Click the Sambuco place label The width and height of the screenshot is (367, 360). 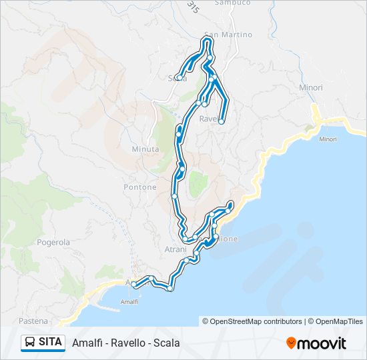click(x=233, y=3)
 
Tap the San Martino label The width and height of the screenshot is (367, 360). click(x=228, y=35)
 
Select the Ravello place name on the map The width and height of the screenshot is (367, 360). click(x=210, y=119)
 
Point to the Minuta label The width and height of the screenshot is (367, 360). click(x=145, y=149)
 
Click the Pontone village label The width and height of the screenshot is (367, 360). click(x=140, y=187)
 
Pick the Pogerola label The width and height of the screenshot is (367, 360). click(x=53, y=243)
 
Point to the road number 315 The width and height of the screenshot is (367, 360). click(x=193, y=7)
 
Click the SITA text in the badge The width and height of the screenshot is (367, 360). click(x=51, y=342)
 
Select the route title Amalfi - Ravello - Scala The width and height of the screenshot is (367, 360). click(x=125, y=343)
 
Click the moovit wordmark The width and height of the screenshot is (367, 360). click(x=322, y=343)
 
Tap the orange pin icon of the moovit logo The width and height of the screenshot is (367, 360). click(x=291, y=343)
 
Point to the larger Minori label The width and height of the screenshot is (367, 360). click(x=311, y=87)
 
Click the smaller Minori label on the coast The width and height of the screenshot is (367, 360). click(x=328, y=139)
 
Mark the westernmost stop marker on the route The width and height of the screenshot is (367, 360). click(x=134, y=285)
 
